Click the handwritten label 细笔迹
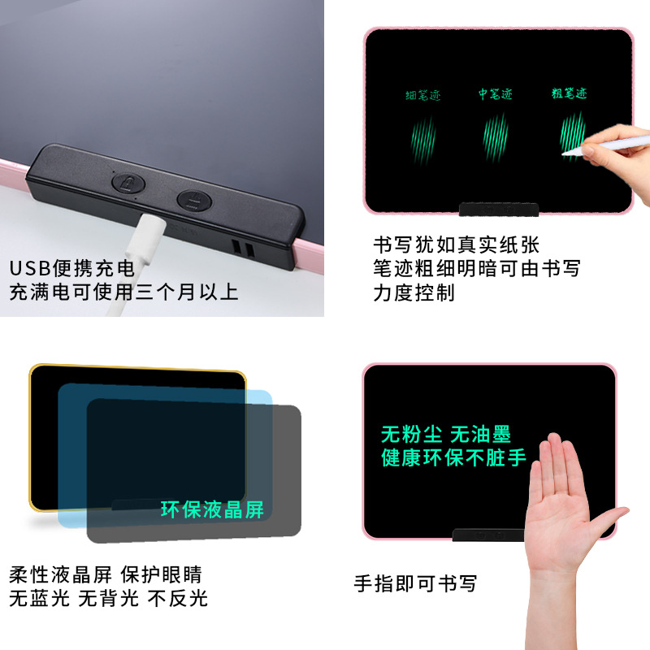423,96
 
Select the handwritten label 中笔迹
495,95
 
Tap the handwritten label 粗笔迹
569,94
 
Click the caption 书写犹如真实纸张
457,245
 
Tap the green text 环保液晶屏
212,509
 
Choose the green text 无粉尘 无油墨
446,434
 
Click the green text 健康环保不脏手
453,457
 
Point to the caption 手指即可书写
415,583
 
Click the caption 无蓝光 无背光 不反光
108,599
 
